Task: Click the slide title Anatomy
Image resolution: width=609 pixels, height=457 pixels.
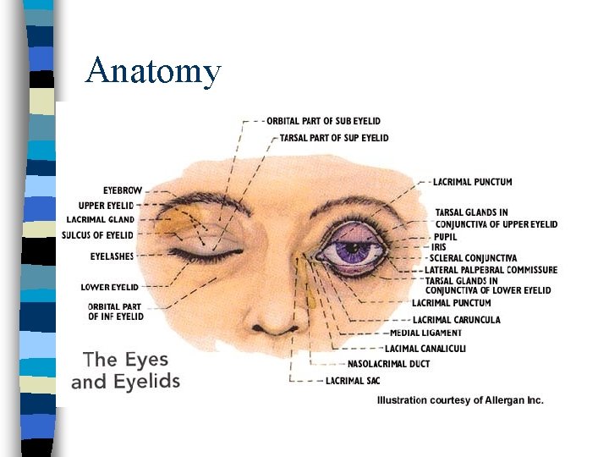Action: pos(153,71)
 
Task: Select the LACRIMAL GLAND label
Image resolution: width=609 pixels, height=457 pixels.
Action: pos(100,220)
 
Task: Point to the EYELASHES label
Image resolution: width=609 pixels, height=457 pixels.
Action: pos(112,256)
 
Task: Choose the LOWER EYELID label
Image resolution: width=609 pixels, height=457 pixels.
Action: pos(109,287)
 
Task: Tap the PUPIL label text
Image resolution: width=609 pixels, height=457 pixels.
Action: pos(445,237)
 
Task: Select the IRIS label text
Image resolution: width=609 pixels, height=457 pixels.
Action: pos(440,247)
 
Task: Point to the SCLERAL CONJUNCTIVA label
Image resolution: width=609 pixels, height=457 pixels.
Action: pos(473,258)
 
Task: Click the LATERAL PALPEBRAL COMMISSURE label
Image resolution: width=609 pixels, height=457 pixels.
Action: pos(491,270)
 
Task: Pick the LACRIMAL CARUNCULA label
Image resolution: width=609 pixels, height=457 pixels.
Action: pos(456,320)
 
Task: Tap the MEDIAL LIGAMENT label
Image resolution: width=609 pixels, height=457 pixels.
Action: pos(425,333)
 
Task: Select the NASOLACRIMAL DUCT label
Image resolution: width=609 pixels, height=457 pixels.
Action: pos(388,364)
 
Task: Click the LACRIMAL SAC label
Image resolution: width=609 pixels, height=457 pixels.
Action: pos(353,381)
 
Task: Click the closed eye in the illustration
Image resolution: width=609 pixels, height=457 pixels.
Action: pos(205,251)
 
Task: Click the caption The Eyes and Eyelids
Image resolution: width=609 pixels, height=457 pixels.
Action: pos(125,371)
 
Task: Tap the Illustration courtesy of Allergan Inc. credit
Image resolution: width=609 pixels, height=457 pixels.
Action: pos(460,400)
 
